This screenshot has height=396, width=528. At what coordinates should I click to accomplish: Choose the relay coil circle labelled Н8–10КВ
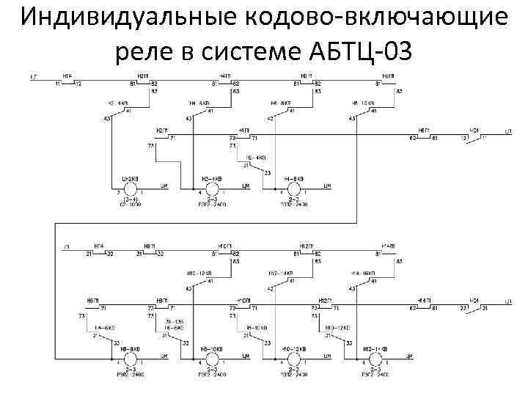point(212,359)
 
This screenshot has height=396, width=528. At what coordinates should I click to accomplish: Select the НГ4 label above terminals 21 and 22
point(98,246)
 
